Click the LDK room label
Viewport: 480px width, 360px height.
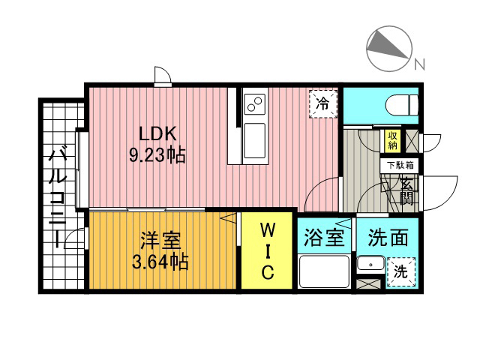[157, 133]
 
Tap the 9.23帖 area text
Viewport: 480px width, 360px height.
[157, 155]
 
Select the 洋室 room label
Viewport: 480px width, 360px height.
[160, 240]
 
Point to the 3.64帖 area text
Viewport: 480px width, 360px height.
[160, 262]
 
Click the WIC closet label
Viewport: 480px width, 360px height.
[268, 250]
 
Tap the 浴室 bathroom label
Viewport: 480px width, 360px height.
[324, 238]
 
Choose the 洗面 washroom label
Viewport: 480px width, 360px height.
[388, 238]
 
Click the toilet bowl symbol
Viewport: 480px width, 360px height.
[401, 105]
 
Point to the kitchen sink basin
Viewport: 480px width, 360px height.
[255, 141]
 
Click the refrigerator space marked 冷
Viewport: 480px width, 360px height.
[323, 103]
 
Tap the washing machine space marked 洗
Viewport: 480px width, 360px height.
[400, 271]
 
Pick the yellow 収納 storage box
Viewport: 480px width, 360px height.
[392, 141]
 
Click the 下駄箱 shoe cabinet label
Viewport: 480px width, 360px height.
[400, 165]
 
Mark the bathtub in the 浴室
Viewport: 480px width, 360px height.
[325, 271]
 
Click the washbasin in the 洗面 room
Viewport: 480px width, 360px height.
[370, 264]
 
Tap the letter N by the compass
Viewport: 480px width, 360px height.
[420, 64]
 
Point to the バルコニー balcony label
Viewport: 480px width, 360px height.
[58, 197]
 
